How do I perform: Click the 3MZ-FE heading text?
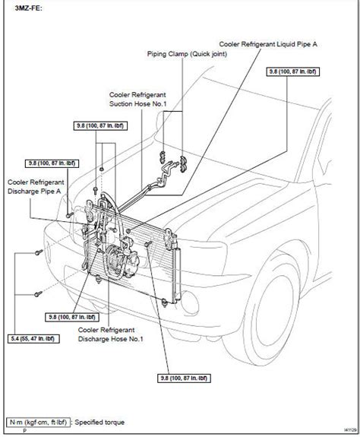click(29, 8)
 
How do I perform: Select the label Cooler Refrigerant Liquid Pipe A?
click(268, 44)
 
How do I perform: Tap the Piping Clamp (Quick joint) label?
click(187, 54)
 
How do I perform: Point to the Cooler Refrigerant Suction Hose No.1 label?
click(137, 100)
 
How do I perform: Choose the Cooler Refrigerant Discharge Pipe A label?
click(36, 187)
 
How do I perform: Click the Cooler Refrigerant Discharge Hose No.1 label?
click(111, 334)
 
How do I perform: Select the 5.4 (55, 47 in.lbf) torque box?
click(33, 339)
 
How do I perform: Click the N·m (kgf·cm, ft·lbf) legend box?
click(38, 423)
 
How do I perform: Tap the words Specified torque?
click(99, 423)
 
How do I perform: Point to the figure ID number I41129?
click(350, 430)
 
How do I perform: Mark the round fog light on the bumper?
click(190, 303)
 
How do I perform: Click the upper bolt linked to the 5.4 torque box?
click(39, 252)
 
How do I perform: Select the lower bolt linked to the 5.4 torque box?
click(38, 294)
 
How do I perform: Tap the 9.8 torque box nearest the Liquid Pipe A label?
click(292, 71)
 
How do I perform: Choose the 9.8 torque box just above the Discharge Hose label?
click(72, 317)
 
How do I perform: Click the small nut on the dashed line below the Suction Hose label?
click(102, 169)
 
